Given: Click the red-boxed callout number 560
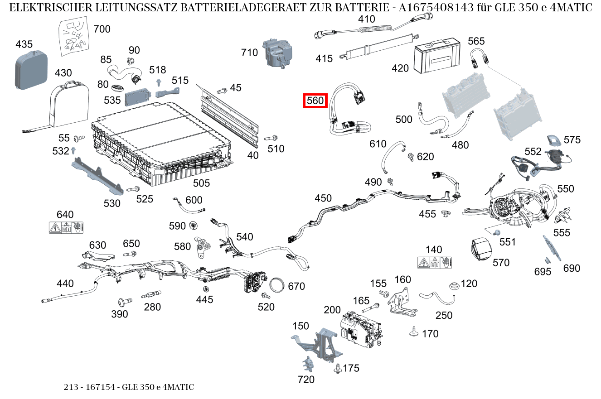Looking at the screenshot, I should [x=315, y=101].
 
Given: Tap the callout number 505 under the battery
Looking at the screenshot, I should [x=201, y=183].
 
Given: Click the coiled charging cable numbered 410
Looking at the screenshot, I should [x=372, y=31].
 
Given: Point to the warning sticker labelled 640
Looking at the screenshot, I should [x=66, y=227].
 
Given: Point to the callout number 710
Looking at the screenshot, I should [x=249, y=53].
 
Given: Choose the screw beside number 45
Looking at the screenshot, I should [x=222, y=91].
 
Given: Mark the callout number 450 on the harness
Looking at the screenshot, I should [x=323, y=198].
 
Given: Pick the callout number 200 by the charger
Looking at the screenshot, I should [x=332, y=310].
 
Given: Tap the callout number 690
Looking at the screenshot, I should [x=572, y=268].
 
